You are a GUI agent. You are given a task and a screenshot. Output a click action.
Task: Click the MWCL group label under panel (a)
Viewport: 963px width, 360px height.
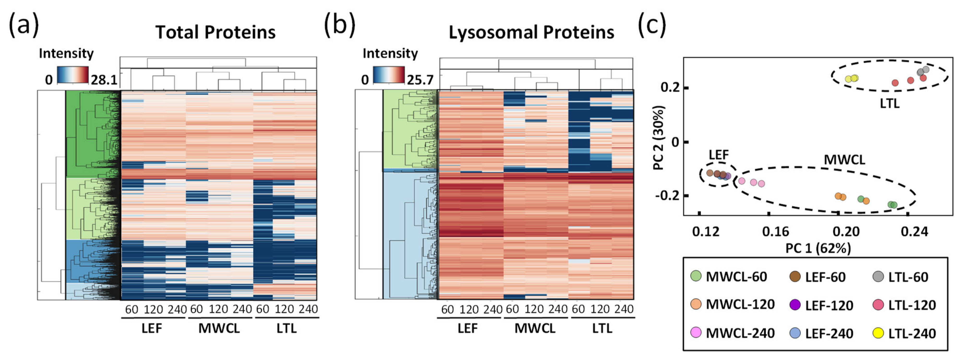219,328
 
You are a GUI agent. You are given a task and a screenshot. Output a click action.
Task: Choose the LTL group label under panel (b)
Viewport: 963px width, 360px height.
602,328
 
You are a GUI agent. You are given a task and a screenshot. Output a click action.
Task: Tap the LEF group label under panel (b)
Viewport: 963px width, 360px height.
467,328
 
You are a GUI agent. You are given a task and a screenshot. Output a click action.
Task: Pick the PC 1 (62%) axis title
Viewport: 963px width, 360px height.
818,248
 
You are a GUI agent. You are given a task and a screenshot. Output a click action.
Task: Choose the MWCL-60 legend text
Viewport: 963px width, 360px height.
736,277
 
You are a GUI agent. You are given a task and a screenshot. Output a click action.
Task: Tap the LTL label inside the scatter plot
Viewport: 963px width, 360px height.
889,103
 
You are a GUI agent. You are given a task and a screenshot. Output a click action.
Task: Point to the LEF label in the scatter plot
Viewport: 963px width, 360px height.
718,154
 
